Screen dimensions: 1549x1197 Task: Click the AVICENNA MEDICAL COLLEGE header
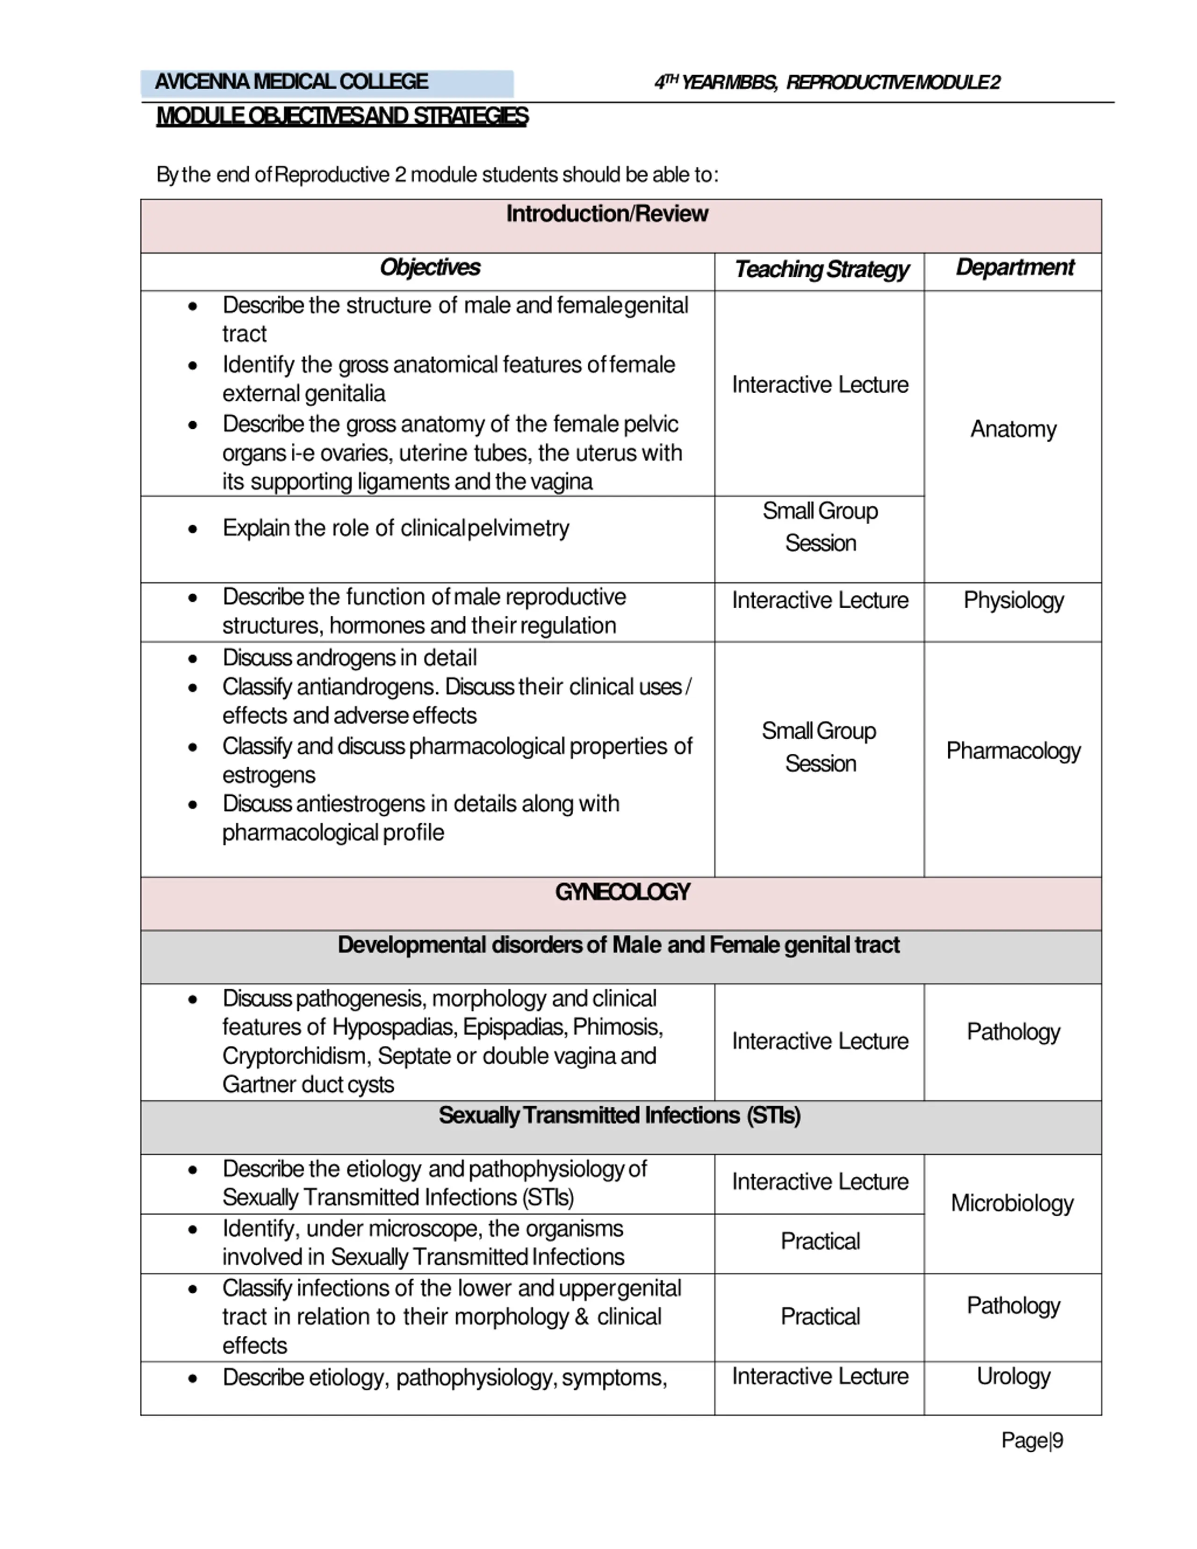(x=291, y=82)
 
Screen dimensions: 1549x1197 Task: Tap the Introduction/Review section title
(x=606, y=214)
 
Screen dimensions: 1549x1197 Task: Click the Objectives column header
(x=430, y=268)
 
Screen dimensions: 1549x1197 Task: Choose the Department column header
(x=1014, y=268)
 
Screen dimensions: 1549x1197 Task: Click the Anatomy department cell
(x=1013, y=430)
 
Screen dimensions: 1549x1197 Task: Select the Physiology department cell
(x=1013, y=601)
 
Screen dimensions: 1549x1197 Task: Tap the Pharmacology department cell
(x=1013, y=751)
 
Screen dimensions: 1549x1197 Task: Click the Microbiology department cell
(x=1011, y=1203)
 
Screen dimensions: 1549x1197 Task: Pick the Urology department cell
(x=1013, y=1376)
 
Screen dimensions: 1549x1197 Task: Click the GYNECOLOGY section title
(x=622, y=892)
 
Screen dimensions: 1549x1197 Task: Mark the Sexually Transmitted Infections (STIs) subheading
(x=619, y=1116)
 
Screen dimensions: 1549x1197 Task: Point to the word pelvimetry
(x=519, y=528)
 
